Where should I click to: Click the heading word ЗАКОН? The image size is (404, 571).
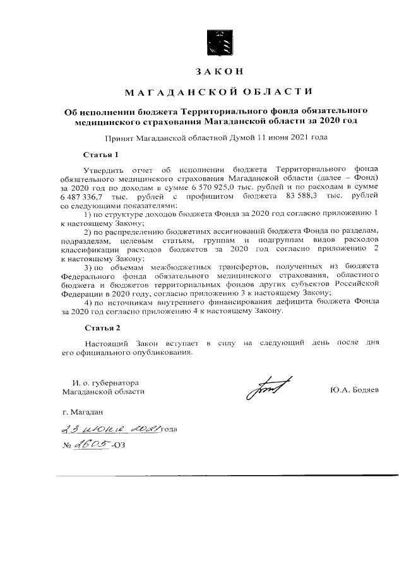tap(217, 71)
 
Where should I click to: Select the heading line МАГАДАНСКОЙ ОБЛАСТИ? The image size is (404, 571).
tap(218, 93)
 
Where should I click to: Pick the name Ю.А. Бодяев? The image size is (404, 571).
tap(353, 391)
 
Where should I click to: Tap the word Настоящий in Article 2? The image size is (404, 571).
tap(105, 343)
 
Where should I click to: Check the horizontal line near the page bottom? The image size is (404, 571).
tap(217, 475)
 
